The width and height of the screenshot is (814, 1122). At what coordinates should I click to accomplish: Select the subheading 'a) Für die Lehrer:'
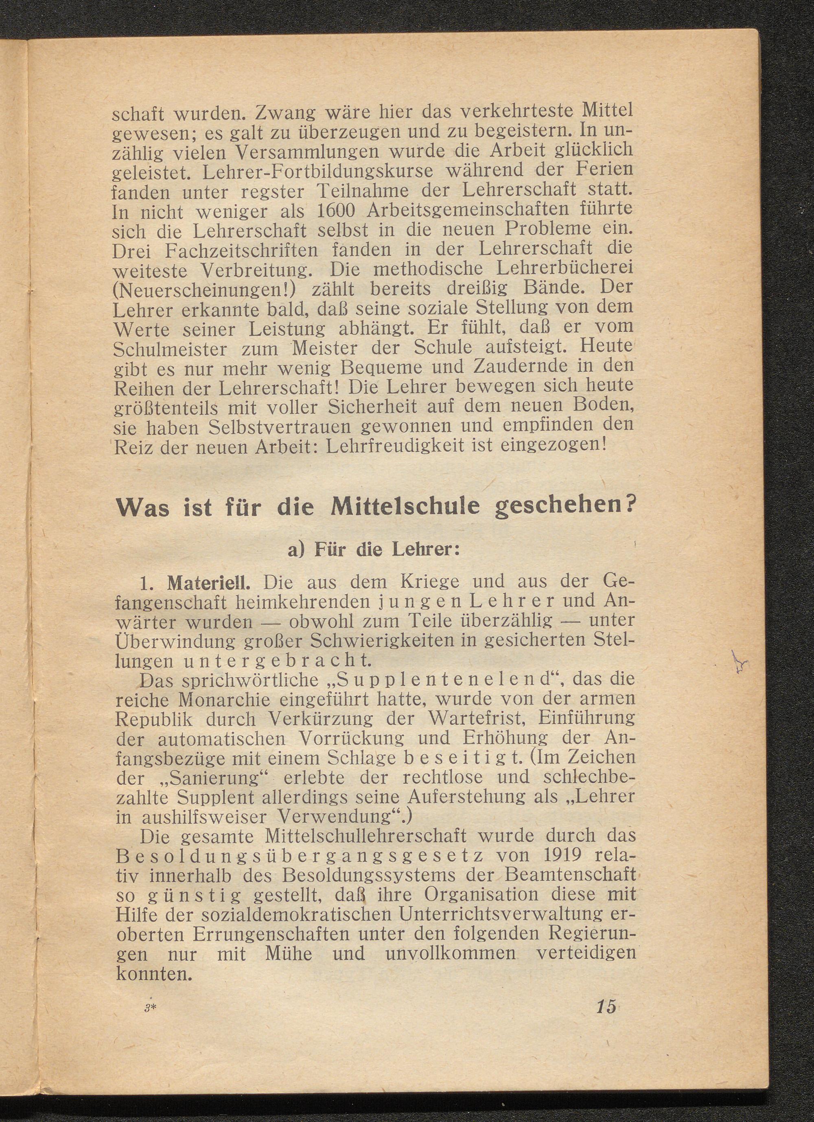(374, 550)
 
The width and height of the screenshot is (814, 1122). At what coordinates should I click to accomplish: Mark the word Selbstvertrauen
(284, 426)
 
